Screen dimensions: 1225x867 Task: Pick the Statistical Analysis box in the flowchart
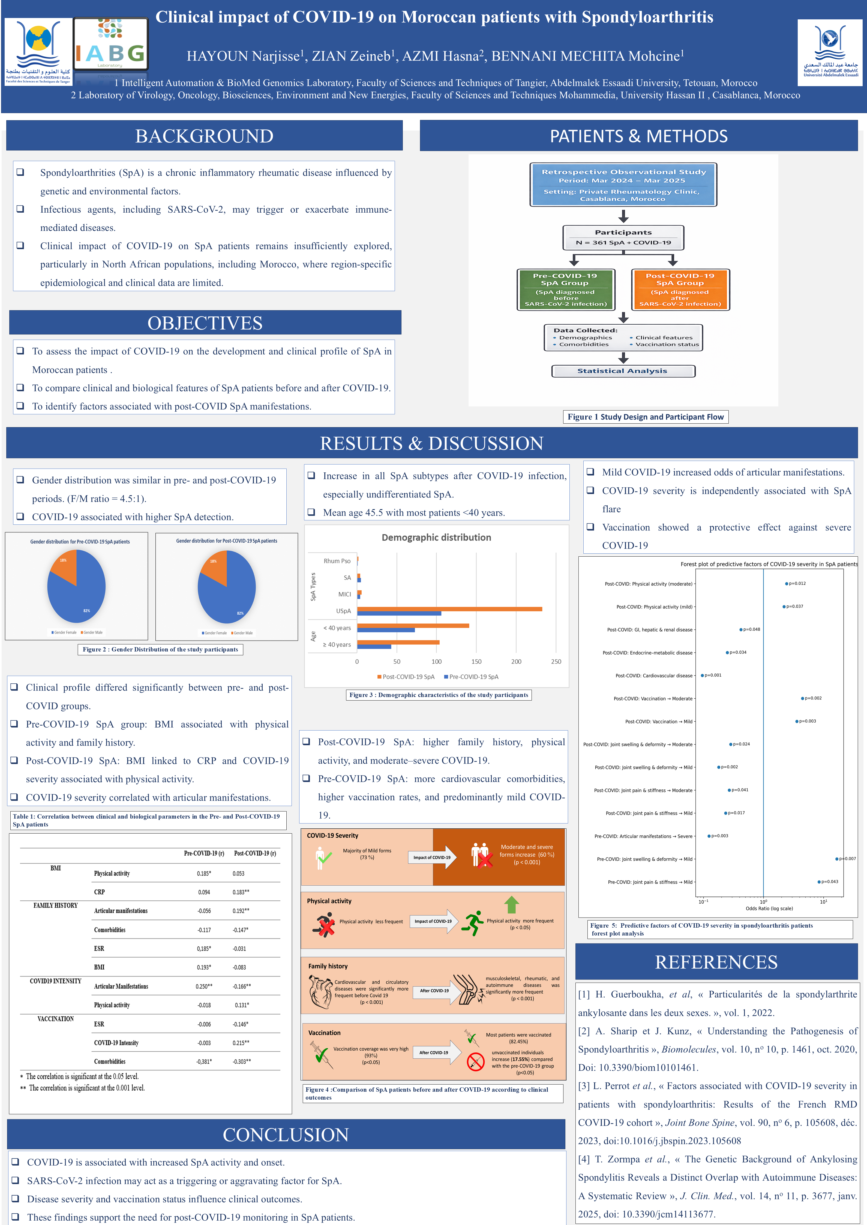[x=622, y=371]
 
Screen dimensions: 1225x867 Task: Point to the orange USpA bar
[x=449, y=609]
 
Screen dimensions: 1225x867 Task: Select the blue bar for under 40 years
[x=385, y=630]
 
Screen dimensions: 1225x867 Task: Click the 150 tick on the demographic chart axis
[x=476, y=662]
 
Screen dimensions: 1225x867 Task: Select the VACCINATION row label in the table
[x=56, y=1019]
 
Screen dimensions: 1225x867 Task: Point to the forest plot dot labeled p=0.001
[x=702, y=675]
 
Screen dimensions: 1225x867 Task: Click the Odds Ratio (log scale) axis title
[x=769, y=908]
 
